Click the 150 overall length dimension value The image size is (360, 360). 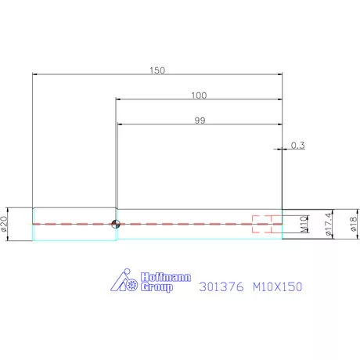click(x=157, y=70)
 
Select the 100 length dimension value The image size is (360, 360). click(x=198, y=95)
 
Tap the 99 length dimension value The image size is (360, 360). click(x=198, y=120)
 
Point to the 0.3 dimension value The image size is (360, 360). click(x=297, y=145)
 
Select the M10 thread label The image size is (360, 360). click(x=303, y=225)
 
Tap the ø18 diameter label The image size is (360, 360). click(x=355, y=225)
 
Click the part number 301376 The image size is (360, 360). click(x=221, y=287)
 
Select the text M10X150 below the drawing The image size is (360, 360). click(x=277, y=287)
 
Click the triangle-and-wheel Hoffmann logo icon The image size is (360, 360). click(x=122, y=281)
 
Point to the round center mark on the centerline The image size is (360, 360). click(x=116, y=225)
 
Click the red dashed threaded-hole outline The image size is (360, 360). click(x=265, y=225)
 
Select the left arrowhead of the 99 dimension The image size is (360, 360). click(x=119, y=124)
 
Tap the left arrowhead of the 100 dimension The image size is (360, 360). click(x=119, y=99)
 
